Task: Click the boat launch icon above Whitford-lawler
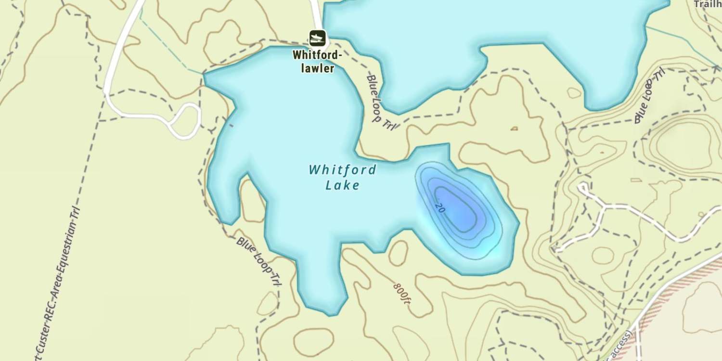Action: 317,38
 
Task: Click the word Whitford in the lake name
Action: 342,169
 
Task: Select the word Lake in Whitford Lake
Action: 342,185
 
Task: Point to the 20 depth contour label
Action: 439,207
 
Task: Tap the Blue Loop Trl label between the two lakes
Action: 381,102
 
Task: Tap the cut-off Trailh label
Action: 707,4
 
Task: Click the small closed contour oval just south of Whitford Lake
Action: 398,253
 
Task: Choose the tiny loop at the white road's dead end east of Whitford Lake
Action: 583,187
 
